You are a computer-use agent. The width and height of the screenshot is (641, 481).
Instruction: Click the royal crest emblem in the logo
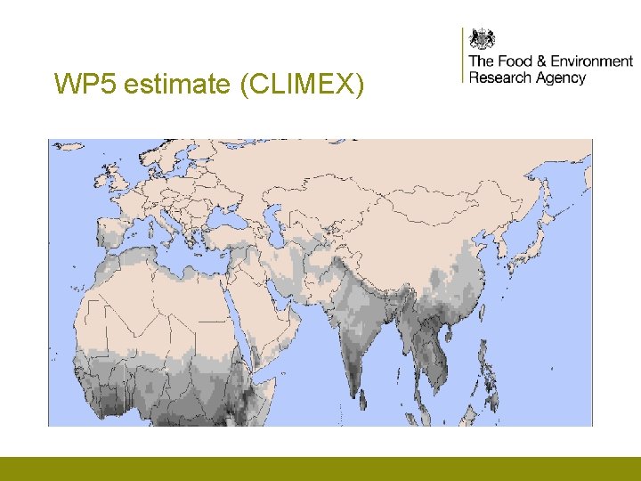[x=482, y=39]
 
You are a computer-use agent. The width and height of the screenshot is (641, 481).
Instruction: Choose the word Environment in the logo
[x=591, y=61]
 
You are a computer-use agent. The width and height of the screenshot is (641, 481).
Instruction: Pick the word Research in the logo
[x=499, y=77]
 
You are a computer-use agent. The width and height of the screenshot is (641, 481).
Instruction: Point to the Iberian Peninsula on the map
[x=93, y=234]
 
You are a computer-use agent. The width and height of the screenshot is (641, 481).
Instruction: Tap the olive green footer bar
[x=320, y=469]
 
